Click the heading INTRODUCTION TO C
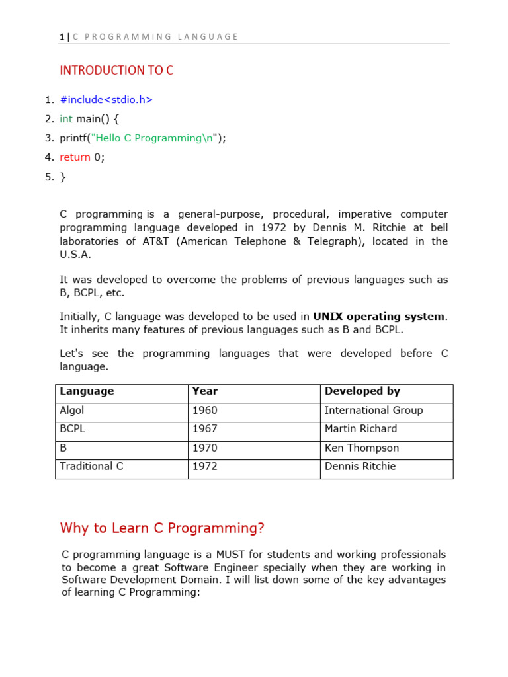pos(116,70)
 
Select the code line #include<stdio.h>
pos(106,100)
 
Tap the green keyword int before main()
pos(66,119)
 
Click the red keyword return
pos(75,157)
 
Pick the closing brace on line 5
pos(63,177)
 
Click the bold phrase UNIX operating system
pos(379,317)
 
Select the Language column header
pos(87,391)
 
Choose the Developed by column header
pos(362,391)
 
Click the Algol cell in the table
pos(72,410)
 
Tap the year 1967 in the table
pos(204,428)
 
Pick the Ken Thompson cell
pos(361,448)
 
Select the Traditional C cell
pos(91,466)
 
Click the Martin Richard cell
pos(360,428)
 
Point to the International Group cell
pos(373,410)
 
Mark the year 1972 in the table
pos(204,466)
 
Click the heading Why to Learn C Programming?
pos(162,528)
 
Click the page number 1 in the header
pos(62,37)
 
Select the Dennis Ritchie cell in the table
pos(360,466)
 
